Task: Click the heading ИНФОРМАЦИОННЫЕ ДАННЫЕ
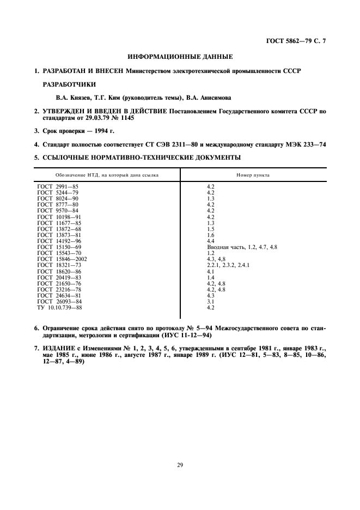click(x=180, y=56)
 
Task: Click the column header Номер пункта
click(x=253, y=175)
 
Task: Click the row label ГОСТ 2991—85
click(x=58, y=187)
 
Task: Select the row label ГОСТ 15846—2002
click(x=63, y=259)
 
